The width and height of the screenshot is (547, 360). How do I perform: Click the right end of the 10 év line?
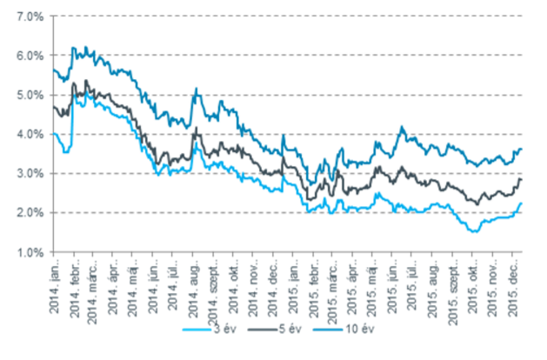tap(521, 149)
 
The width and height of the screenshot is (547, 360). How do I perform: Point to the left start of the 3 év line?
tap(54, 133)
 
